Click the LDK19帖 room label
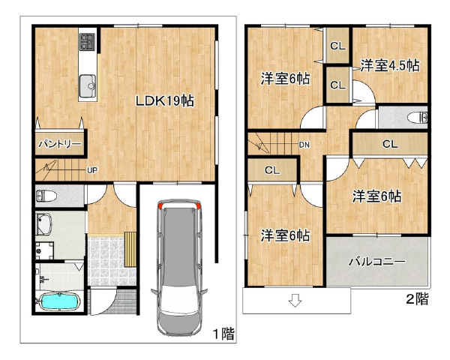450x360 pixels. [165, 101]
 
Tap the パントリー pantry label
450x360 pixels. [60, 143]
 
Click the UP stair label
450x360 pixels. [92, 170]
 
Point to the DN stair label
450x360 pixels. [304, 145]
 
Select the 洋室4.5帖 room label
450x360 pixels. [390, 66]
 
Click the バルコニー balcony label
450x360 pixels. [377, 262]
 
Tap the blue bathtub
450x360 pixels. [59, 301]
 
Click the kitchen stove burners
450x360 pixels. [87, 42]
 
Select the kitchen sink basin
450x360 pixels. [88, 85]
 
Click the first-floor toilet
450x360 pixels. [46, 196]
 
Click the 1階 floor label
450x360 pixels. [223, 334]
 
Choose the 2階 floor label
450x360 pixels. [417, 299]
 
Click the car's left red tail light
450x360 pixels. [160, 205]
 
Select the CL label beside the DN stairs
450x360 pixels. [272, 170]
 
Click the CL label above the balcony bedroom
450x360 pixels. [390, 144]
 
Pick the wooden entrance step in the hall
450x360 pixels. [130, 250]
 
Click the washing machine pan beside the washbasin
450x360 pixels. [44, 250]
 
